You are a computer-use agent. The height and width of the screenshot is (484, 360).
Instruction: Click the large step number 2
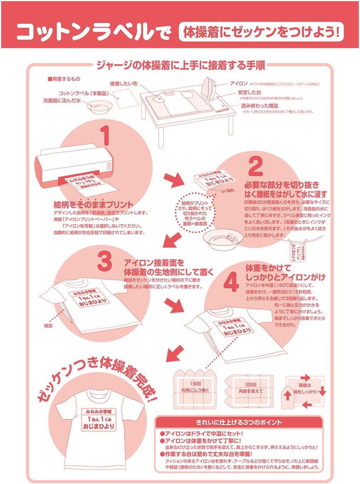[x=256, y=166]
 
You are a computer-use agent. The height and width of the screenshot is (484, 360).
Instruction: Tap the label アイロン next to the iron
[x=239, y=83]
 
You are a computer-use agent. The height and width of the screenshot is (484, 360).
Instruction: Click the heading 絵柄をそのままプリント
[x=93, y=205]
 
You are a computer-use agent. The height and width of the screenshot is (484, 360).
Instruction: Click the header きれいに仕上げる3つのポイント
[x=239, y=422]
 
